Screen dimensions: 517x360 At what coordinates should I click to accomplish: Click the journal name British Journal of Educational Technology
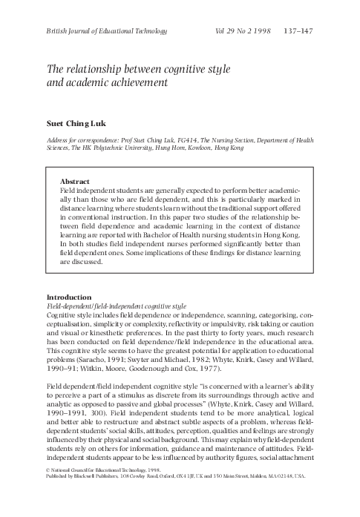[x=97, y=30]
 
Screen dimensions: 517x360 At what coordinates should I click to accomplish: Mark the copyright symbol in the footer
[x=48, y=491]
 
